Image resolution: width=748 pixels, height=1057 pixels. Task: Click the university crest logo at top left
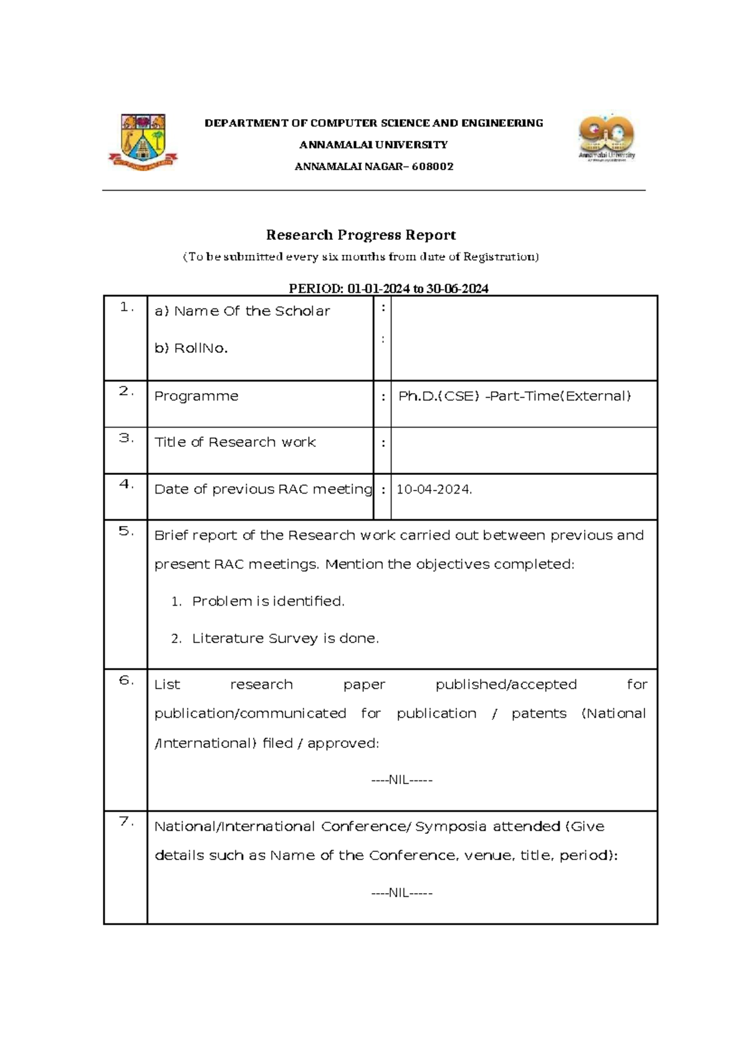pos(143,141)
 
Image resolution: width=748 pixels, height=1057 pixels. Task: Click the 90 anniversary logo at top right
pos(607,138)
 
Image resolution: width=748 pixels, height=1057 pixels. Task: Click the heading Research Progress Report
pos(361,235)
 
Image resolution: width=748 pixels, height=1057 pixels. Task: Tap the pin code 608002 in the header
pos(432,166)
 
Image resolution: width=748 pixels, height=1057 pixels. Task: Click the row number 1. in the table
pos(127,307)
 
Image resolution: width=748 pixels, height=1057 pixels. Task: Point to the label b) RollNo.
pos(191,348)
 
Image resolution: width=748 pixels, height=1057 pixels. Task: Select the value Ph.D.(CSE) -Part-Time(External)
pos(515,396)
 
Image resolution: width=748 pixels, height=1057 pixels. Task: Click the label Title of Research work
pos(235,442)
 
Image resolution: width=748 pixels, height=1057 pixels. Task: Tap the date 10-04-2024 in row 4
pos(434,490)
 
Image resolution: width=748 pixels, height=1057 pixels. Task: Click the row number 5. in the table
pos(127,532)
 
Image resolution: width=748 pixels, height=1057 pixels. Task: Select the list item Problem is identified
pos(268,601)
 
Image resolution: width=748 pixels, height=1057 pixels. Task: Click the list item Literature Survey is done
pos(285,639)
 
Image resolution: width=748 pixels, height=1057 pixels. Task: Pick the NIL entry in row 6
pos(401,780)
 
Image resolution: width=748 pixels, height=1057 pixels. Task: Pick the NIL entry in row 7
pos(401,893)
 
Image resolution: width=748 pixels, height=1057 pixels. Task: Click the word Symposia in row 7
pos(450,827)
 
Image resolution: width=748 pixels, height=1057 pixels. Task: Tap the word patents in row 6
pos(539,714)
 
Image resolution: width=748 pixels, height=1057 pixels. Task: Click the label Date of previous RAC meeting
pos(263,490)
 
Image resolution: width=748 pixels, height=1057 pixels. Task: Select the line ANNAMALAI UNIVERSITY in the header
pos(373,145)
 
